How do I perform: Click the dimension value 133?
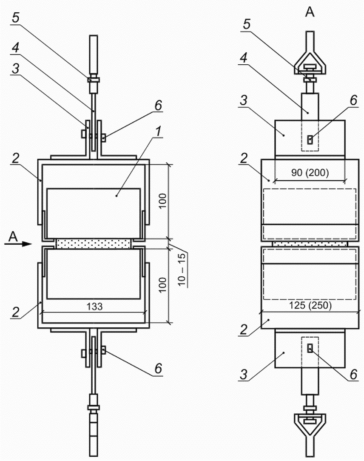pyautogui.click(x=94, y=306)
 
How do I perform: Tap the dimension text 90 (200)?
pyautogui.click(x=310, y=172)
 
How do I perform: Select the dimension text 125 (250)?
pyautogui.click(x=310, y=305)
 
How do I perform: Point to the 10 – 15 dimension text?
pyautogui.click(x=182, y=269)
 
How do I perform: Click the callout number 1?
pyautogui.click(x=159, y=131)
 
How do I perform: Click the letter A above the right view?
pyautogui.click(x=310, y=12)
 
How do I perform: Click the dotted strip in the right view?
pyautogui.click(x=310, y=244)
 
